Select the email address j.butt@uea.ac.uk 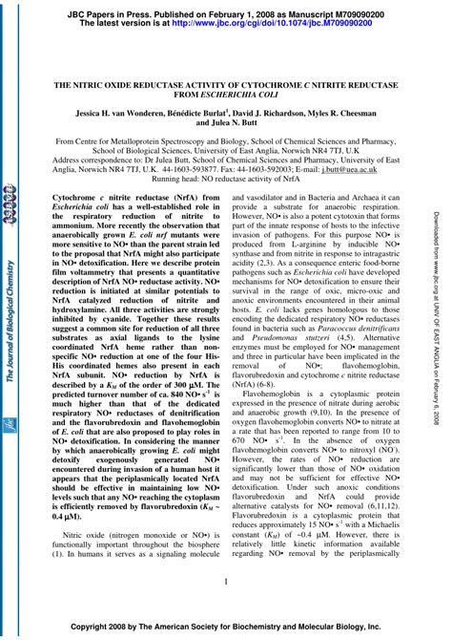[x=377, y=168]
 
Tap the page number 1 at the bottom [x=226, y=581]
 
